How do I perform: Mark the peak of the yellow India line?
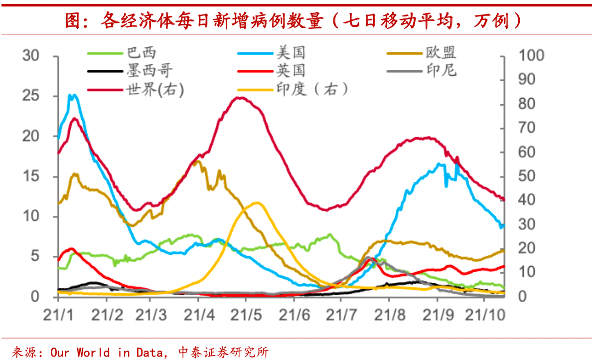257,202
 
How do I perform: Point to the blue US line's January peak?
73,95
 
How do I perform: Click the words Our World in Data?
107,352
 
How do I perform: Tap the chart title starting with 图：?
294,20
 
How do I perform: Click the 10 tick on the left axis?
31,216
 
